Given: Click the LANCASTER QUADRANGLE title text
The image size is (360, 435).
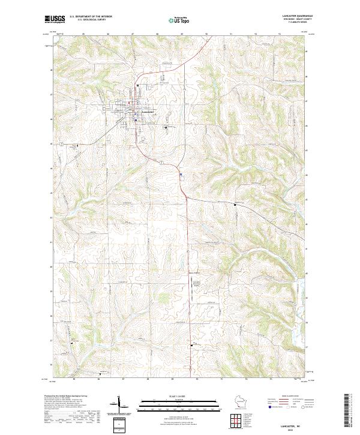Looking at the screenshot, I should point(296,16).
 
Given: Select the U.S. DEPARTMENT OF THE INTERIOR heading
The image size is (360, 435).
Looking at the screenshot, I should point(90,16).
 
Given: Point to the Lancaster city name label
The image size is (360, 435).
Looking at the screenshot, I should point(148,112).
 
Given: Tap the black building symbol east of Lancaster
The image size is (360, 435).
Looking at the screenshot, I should point(166,127).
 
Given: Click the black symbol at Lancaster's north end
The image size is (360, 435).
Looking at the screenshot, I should point(139,86).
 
